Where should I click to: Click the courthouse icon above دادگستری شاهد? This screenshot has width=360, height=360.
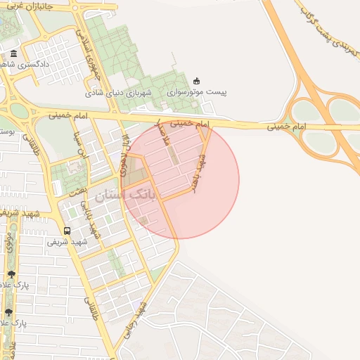[14, 54]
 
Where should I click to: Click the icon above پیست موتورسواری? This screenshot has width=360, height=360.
[196, 81]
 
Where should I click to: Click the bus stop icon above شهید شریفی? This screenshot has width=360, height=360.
[67, 230]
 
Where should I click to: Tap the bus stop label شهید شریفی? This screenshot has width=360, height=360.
[67, 241]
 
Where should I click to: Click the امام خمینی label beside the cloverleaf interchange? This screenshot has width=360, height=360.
[285, 127]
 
